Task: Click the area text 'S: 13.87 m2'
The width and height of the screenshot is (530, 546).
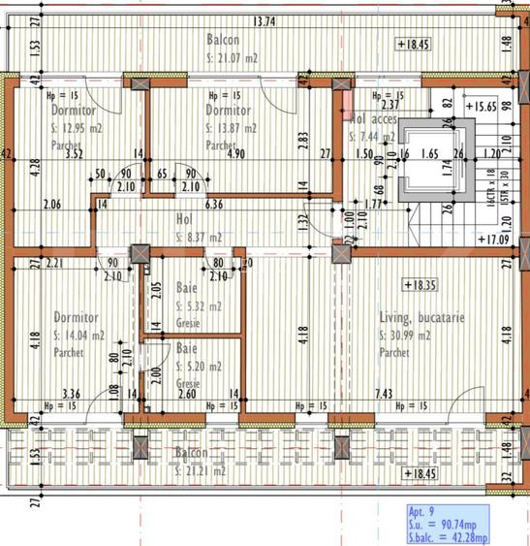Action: [x=232, y=128]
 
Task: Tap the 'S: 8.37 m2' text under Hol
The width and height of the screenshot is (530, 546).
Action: [x=200, y=237]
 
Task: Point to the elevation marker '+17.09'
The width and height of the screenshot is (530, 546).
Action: [x=496, y=238]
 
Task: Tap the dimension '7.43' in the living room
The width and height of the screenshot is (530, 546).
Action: [x=382, y=393]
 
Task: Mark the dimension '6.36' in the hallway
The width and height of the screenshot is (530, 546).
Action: [x=214, y=204]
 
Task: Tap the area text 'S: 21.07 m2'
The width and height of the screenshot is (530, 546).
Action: [x=233, y=58]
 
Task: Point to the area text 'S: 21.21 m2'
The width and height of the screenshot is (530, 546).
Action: [x=202, y=470]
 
